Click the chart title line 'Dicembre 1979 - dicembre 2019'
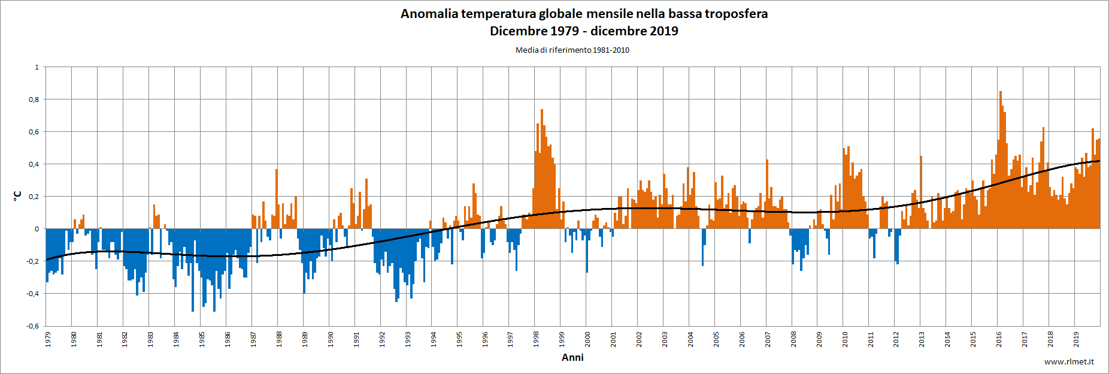584,31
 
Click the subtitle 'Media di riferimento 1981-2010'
572,50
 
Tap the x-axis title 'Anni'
572,357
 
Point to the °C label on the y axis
18,196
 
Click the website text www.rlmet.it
1069,361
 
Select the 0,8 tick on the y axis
34,99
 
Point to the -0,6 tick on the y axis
32,326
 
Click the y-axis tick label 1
37,67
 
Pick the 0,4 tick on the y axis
34,164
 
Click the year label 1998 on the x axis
536,339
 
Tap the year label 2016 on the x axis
999,339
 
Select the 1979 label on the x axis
48,339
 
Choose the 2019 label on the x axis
1076,339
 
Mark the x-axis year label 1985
202,339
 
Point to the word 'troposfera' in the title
736,14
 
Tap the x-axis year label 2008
793,339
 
